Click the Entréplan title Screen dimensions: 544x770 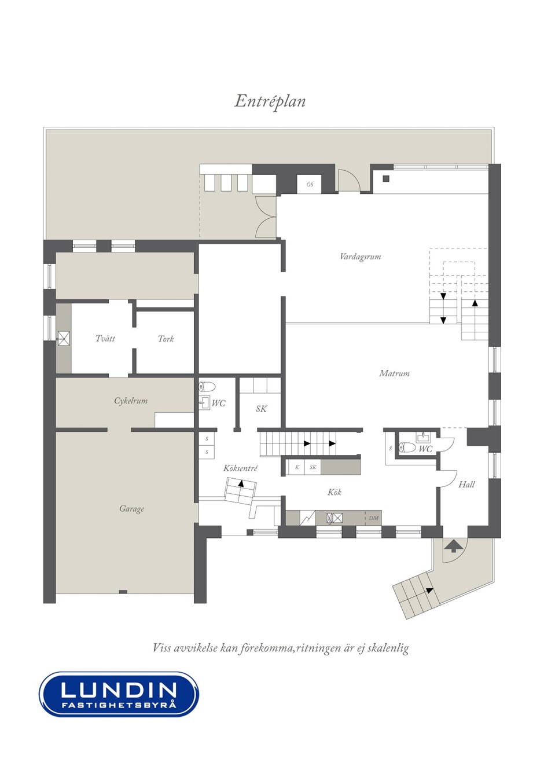[x=270, y=101]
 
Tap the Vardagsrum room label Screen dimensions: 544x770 [x=360, y=257]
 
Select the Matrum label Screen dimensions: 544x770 [x=394, y=373]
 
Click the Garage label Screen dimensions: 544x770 [x=131, y=509]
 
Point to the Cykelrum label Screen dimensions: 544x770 [x=131, y=401]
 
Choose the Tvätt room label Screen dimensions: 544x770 [x=105, y=339]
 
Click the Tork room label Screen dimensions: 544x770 [x=166, y=339]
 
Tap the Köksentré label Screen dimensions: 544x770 [x=240, y=468]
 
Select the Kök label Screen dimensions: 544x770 [x=335, y=492]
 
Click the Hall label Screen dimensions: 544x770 [x=466, y=485]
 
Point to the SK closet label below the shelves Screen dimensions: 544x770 [x=261, y=409]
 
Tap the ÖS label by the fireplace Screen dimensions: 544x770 [x=310, y=185]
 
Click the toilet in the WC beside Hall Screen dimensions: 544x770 [x=406, y=448]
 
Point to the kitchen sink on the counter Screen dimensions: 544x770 [x=334, y=518]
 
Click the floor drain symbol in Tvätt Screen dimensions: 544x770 [x=63, y=339]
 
